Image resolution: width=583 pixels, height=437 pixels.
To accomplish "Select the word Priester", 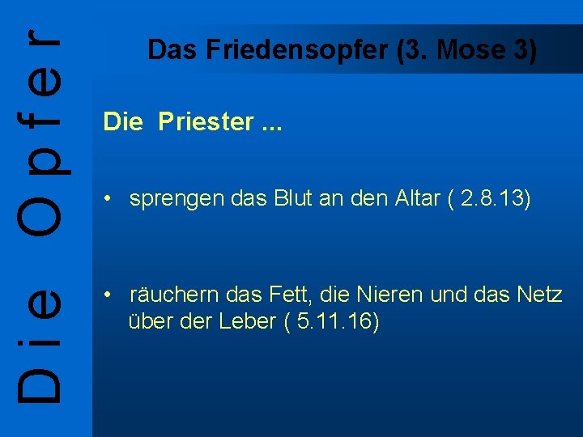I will pos(206,122).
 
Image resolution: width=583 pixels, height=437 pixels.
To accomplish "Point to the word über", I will pos(149,322).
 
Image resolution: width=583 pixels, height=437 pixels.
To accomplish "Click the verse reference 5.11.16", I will pos(335,322).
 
